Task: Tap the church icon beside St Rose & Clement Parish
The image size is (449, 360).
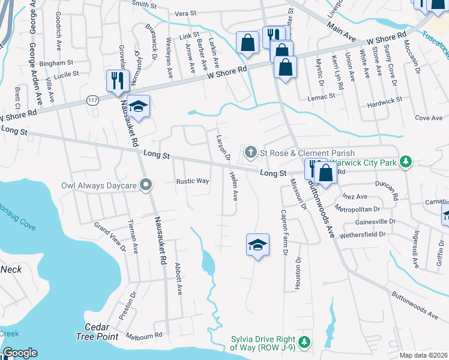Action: (x=250, y=154)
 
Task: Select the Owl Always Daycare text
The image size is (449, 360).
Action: (x=99, y=186)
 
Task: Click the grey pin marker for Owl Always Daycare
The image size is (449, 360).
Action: (x=145, y=186)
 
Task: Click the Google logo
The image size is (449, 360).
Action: (x=20, y=353)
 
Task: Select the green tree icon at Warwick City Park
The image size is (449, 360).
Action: (x=406, y=161)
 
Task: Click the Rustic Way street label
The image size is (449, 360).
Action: (x=192, y=181)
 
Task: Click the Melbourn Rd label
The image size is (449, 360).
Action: (x=144, y=336)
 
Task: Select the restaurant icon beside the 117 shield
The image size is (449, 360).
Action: (x=116, y=80)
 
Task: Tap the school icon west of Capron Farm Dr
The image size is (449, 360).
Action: (x=258, y=245)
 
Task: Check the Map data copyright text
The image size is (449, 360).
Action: (x=424, y=355)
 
